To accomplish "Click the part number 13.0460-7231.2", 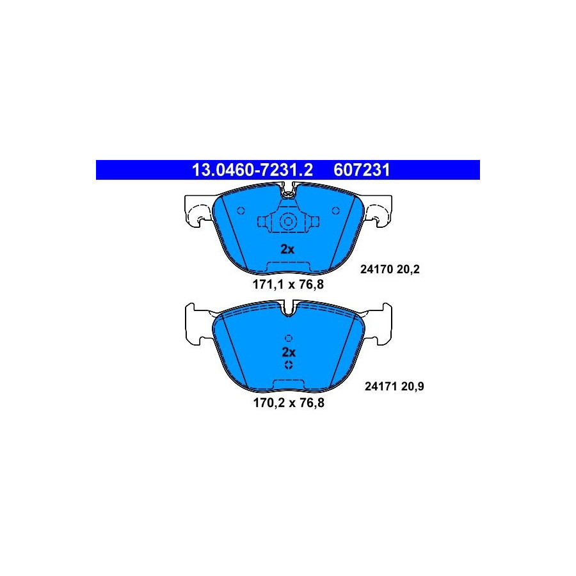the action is coord(252,170).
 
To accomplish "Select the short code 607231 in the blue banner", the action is coord(362,170).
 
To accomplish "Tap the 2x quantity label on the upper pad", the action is coord(287,250).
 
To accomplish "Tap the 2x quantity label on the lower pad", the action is coord(289,352).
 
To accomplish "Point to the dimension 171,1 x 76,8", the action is coord(288,284).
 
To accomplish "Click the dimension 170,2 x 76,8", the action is coord(289,403).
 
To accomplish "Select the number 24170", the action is coord(377,269).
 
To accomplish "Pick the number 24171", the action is coord(381,387).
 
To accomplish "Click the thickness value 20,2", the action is coord(408,269).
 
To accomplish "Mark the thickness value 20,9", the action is coord(413,387).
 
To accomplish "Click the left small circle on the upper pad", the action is coord(241,211).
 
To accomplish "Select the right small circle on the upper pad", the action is coord(335,211).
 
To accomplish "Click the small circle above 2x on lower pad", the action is coord(289,338).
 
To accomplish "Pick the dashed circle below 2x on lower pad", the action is coord(289,365).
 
